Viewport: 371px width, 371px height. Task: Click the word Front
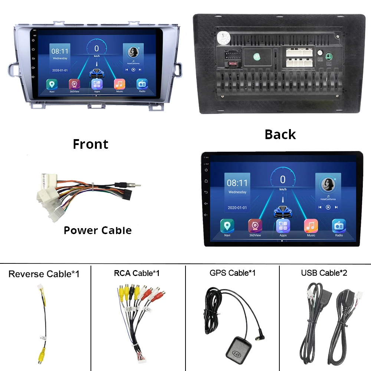click(x=91, y=144)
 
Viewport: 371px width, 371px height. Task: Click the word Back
click(x=280, y=134)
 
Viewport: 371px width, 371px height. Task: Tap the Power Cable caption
click(x=98, y=230)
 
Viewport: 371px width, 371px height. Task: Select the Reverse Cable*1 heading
click(x=44, y=274)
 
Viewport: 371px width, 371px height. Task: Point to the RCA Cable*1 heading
click(x=137, y=273)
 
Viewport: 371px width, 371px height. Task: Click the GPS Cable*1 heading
click(x=232, y=273)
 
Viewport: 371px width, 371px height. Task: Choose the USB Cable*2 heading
click(x=324, y=273)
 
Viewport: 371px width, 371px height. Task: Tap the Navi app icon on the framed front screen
click(x=52, y=84)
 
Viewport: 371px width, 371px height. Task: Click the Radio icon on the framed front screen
click(x=142, y=84)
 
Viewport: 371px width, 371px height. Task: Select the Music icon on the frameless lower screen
click(x=311, y=226)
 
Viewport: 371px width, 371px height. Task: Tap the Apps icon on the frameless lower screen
click(x=283, y=226)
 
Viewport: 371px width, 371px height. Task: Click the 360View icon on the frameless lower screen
click(x=255, y=226)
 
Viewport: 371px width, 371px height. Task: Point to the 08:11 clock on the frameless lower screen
click(x=237, y=183)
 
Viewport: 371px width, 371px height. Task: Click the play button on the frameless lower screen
click(x=328, y=207)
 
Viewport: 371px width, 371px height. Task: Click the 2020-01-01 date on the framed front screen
click(x=60, y=70)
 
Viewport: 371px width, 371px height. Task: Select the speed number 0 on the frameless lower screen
click(x=283, y=180)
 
